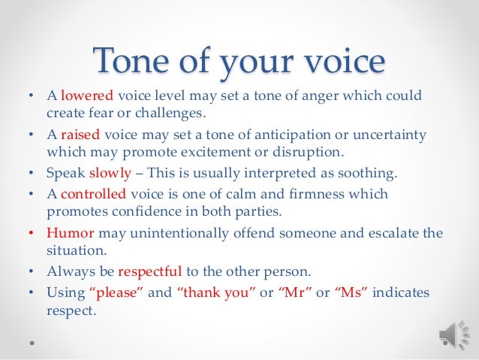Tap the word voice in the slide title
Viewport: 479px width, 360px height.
[335, 62]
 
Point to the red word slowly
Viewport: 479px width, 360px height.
[110, 173]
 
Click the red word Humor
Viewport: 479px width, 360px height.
[69, 232]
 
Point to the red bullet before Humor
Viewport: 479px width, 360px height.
[31, 232]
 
